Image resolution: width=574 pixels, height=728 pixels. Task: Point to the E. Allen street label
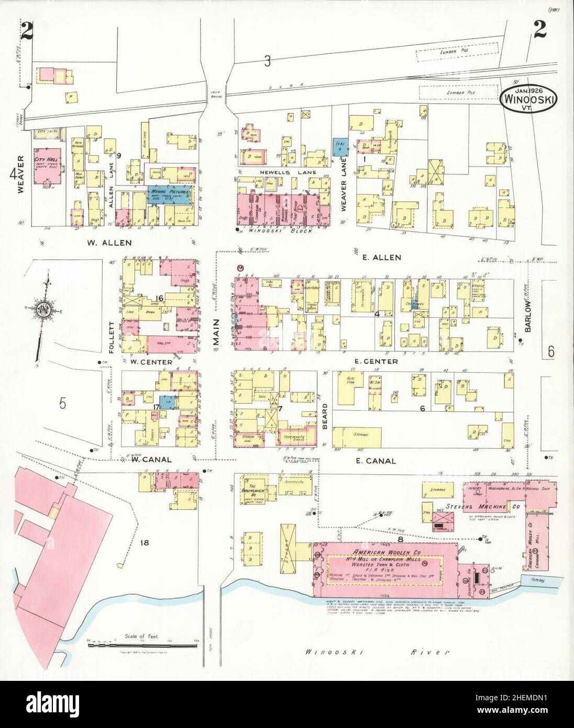pos(384,257)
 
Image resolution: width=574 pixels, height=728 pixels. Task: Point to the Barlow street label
pos(528,317)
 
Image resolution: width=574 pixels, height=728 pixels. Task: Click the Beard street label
pos(325,419)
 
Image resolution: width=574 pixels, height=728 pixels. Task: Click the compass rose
pos(42,309)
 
